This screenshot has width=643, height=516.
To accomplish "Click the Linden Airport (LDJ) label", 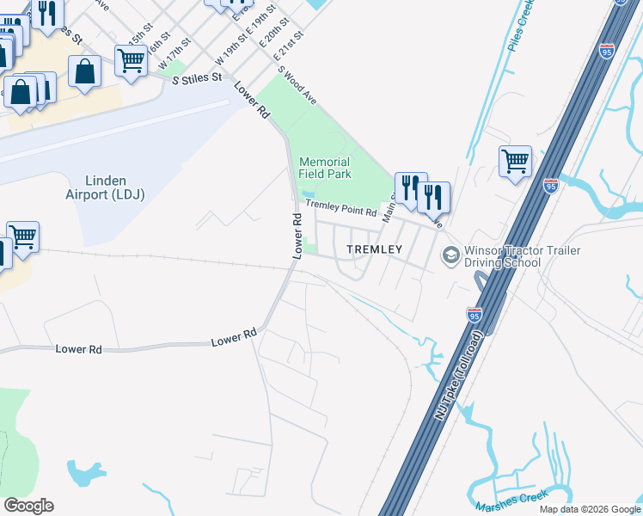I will point(116,187).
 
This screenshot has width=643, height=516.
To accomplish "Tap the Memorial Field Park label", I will point(325,168).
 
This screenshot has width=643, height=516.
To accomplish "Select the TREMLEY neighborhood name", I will point(374,249).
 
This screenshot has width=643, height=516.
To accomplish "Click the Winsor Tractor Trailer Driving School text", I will point(522,255).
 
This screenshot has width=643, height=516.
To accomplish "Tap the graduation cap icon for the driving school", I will point(450,255).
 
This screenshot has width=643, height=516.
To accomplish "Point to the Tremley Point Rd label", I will point(341,207).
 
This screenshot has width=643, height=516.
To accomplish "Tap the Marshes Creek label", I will point(510,499).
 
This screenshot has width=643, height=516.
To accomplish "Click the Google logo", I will point(28,505).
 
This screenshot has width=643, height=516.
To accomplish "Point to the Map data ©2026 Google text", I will point(590,509).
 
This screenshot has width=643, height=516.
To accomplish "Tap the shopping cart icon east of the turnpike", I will point(515,161).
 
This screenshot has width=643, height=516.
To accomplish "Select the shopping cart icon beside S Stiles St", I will point(131,61).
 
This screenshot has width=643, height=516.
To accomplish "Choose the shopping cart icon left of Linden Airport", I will point(22,236).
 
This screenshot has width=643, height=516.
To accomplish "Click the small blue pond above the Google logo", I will point(83,472).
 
